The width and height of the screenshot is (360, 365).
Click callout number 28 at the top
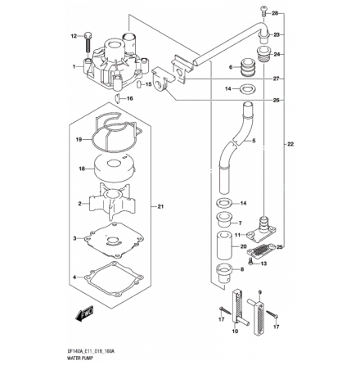click(275, 14)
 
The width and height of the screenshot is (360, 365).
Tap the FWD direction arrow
click(83, 313)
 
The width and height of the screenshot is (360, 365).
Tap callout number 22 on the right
click(289, 145)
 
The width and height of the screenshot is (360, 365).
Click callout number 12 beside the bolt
click(74, 36)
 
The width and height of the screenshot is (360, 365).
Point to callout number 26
click(275, 101)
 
